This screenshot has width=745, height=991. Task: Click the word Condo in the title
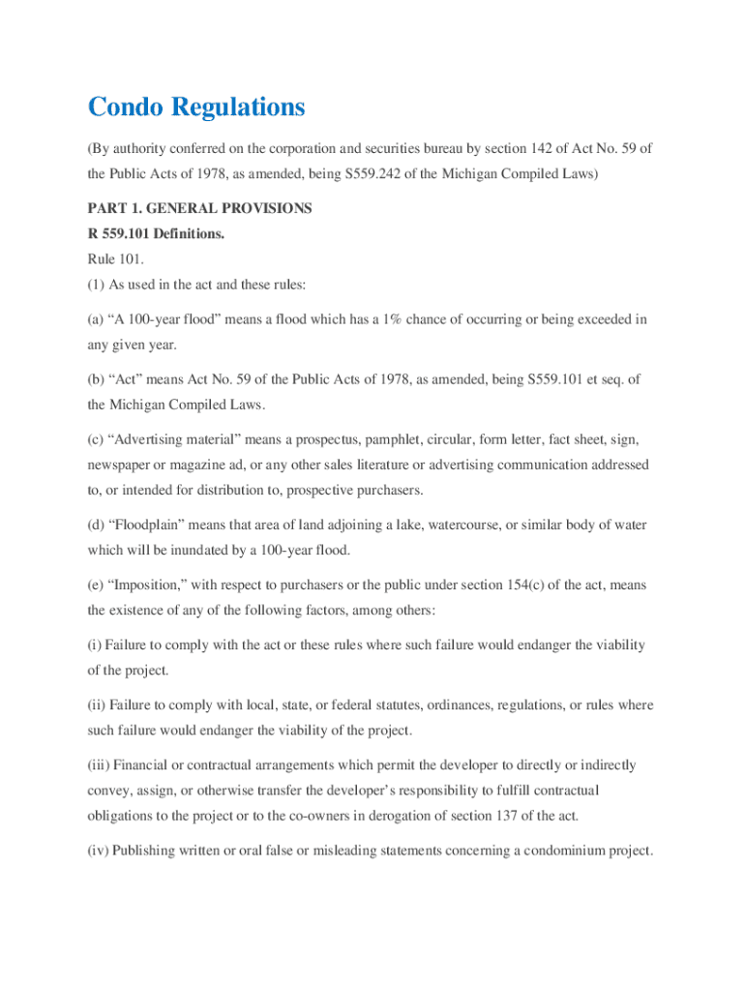126,107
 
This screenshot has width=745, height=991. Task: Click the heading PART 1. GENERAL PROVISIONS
199,208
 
